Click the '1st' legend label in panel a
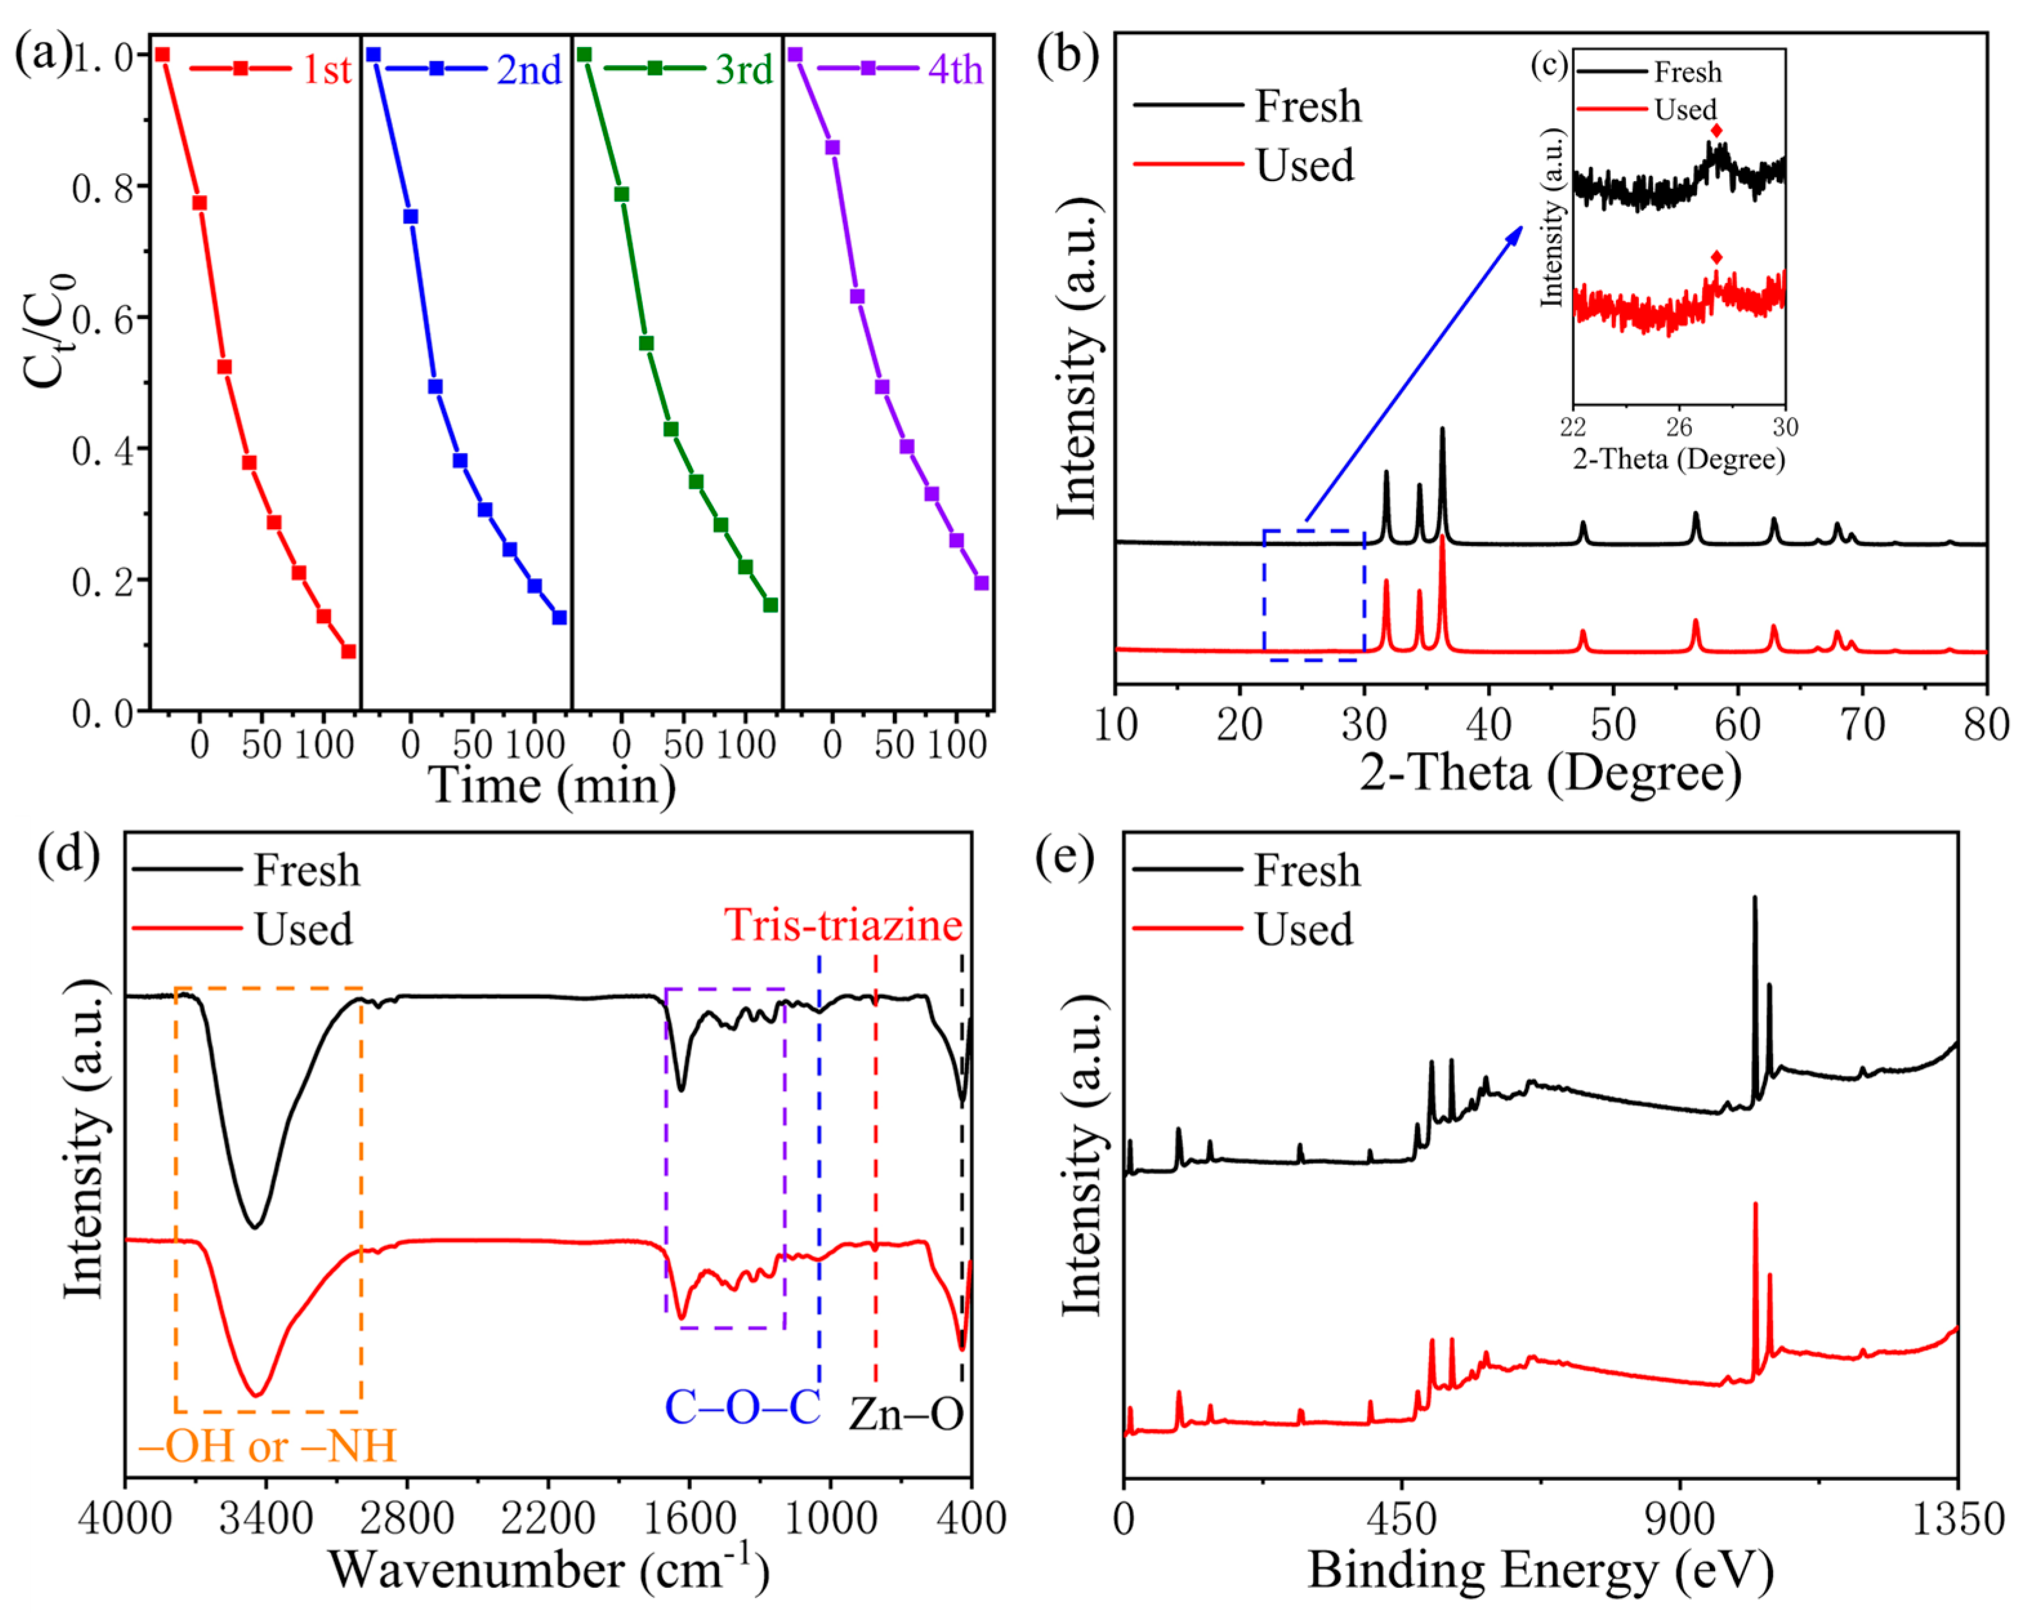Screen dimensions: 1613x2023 [x=325, y=70]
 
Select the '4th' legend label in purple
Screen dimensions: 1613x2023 [x=955, y=70]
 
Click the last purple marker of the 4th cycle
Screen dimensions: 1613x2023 [x=981, y=583]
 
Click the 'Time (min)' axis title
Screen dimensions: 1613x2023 [x=551, y=784]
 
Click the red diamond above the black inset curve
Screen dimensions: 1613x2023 [x=1716, y=130]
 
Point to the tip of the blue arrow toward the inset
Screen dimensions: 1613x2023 [x=1522, y=226]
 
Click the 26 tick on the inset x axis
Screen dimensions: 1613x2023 [x=1679, y=428]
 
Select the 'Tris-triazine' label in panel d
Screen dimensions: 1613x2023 [x=843, y=925]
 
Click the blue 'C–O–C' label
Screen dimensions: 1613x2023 [x=742, y=1407]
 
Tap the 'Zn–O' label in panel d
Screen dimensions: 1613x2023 [x=906, y=1414]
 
